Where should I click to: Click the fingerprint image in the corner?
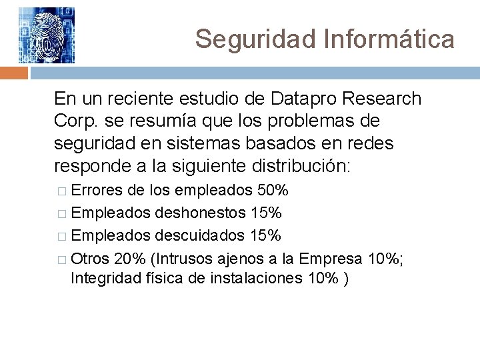46,35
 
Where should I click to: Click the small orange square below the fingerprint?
9,72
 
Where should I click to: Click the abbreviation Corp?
75,121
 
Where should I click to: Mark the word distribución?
295,165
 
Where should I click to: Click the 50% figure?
273,191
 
